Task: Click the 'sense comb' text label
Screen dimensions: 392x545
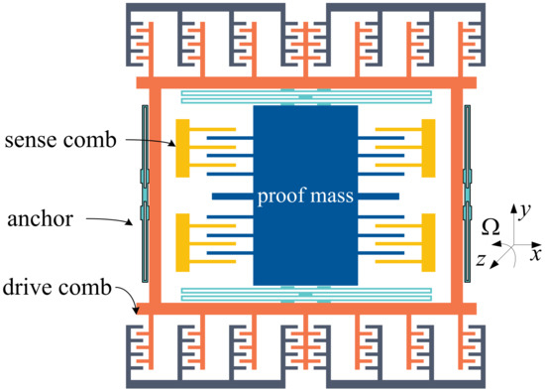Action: [62, 142]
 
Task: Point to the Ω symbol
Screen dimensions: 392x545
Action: [490, 228]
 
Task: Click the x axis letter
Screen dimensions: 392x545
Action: [535, 241]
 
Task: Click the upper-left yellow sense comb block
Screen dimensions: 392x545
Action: [182, 148]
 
